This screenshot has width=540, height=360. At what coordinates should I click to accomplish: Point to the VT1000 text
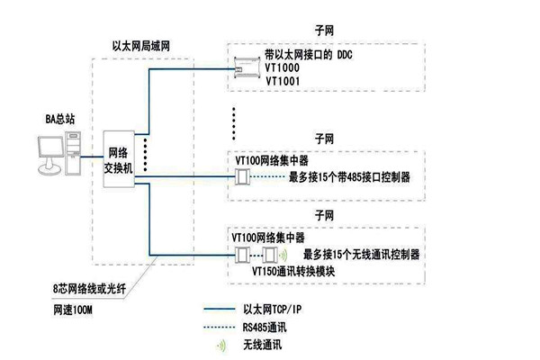(283, 68)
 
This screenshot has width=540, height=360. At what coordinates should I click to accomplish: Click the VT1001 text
(283, 81)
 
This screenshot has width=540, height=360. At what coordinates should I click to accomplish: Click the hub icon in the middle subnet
(241, 176)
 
